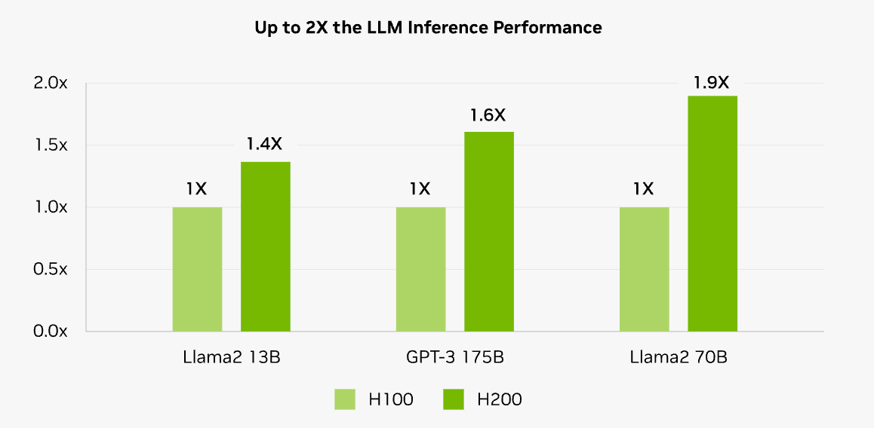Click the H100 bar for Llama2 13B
[x=197, y=269]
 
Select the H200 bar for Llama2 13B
[x=265, y=246]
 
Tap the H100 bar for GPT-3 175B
[x=420, y=269]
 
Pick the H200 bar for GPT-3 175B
[x=488, y=231]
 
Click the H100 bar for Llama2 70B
[x=644, y=269]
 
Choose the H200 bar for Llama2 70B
[x=712, y=213]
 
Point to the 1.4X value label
[x=265, y=144]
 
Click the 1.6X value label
[x=488, y=115]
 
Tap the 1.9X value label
[x=712, y=81]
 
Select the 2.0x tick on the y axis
[x=51, y=83]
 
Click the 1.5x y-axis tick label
[x=51, y=145]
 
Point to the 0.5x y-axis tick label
[x=51, y=269]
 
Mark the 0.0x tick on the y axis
[x=51, y=331]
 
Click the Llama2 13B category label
[x=232, y=357]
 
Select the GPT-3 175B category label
[x=454, y=357]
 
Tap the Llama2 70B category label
[x=679, y=357]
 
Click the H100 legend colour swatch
[x=345, y=399]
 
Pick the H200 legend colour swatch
[x=454, y=399]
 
